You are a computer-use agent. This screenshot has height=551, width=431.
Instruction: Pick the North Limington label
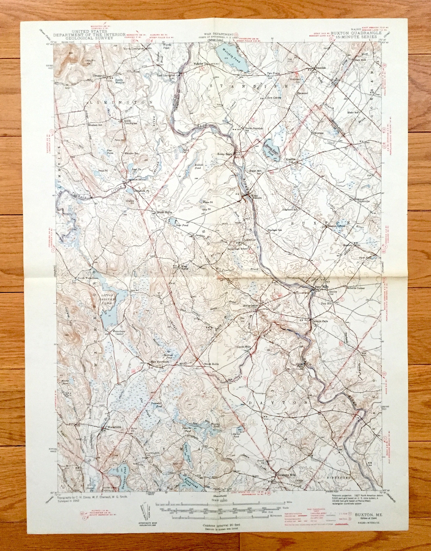pos(134,48)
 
